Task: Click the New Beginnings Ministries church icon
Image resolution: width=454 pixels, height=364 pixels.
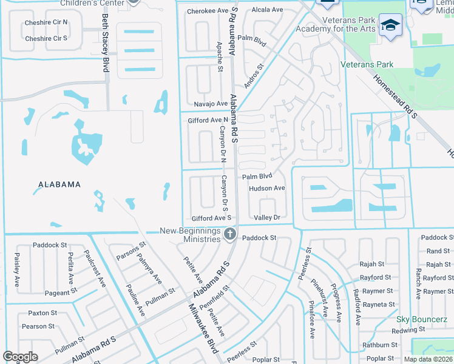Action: tap(229, 234)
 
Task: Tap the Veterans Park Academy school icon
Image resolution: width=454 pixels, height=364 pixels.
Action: tap(388, 25)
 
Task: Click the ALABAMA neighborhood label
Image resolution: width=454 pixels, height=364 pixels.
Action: tap(59, 184)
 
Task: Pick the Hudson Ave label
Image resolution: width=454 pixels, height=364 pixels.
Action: tap(266, 189)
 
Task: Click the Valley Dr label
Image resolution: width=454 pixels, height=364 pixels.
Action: tap(267, 218)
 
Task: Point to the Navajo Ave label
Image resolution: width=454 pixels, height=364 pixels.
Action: tap(203, 104)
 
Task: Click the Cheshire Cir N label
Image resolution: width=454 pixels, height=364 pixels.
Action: tap(46, 23)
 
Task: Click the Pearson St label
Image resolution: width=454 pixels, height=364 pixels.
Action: tap(39, 326)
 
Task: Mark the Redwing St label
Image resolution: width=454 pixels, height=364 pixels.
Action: tap(408, 330)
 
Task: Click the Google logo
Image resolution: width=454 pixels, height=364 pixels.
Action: tap(20, 357)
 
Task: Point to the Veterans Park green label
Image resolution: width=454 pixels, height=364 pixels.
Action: tap(367, 65)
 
